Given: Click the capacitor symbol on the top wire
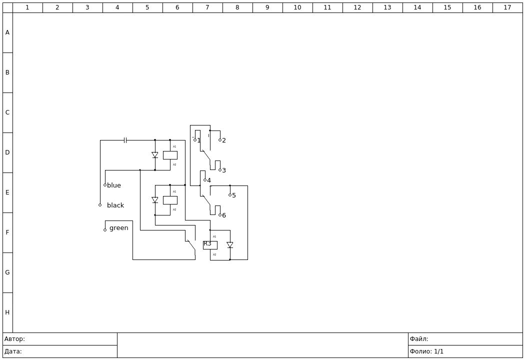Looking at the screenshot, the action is coord(125,140).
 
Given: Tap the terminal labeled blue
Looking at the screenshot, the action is coord(105,185).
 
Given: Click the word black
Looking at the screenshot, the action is coord(115,205).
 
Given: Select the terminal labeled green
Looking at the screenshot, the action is coord(105,230).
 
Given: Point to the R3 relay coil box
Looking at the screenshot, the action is coord(210,245).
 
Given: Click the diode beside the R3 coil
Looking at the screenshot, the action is coord(230,245).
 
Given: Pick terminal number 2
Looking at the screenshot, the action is coord(220,140).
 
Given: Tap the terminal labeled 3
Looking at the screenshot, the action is coord(220,170).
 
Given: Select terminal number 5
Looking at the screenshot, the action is coord(230,195).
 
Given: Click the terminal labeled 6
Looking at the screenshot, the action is coord(220,215).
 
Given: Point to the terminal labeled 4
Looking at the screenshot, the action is coord(205,180).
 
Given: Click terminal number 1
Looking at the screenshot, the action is coord(195,140).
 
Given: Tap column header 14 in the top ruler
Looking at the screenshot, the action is coord(417,7).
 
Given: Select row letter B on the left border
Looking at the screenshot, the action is coord(7,72).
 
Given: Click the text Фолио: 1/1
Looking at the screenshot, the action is coord(426,351).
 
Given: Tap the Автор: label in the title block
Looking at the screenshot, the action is coord(14,339).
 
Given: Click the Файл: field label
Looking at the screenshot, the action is coord(419,339).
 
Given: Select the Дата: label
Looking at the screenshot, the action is coord(13,351).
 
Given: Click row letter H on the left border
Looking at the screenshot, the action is coord(7,312).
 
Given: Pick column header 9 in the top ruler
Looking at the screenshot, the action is coord(267,7).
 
